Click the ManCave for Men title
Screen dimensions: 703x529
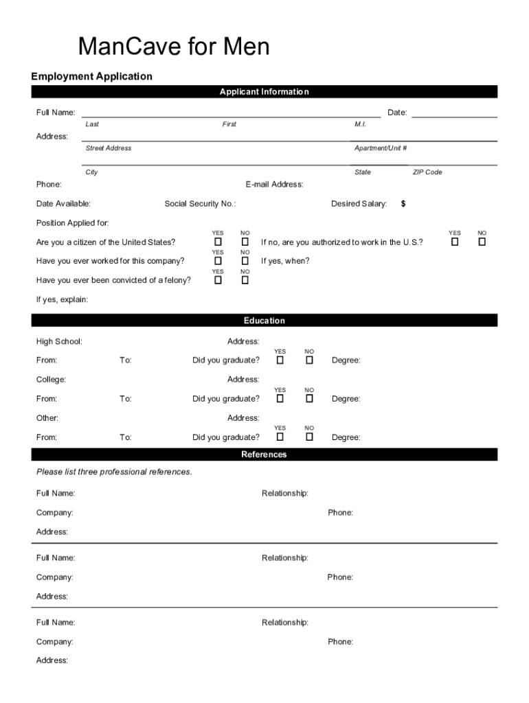[174, 47]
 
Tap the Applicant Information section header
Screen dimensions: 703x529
[264, 92]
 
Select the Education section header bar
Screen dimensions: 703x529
[264, 321]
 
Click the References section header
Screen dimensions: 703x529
[264, 454]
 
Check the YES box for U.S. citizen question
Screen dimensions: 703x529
[218, 242]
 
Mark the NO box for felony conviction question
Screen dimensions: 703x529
[245, 280]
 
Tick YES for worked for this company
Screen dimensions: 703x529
[218, 261]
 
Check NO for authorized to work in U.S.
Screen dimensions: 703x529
[482, 242]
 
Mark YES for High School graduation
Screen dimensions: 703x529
[280, 360]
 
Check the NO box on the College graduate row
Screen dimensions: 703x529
[309, 398]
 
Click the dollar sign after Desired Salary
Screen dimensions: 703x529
[403, 204]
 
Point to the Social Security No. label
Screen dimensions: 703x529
[200, 204]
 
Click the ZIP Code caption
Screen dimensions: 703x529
[427, 172]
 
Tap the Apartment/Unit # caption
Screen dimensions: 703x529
[381, 148]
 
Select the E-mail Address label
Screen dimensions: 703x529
[274, 185]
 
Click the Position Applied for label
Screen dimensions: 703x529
[72, 223]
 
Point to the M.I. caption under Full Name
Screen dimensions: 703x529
[361, 124]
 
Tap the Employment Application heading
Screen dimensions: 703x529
[91, 76]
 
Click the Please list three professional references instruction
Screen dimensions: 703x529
[114, 472]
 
